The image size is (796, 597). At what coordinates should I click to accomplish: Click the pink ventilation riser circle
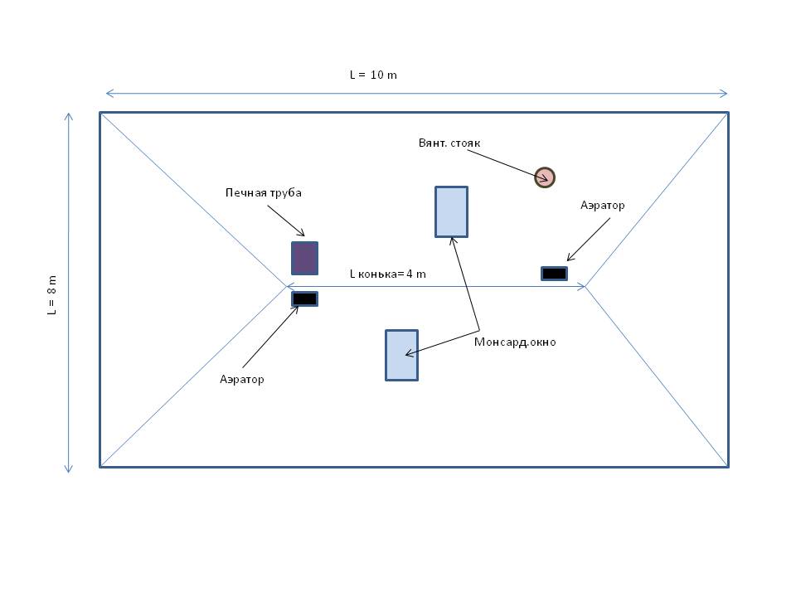[544, 177]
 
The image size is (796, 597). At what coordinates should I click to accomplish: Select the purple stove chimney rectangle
[304, 258]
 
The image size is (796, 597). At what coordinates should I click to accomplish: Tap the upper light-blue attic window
[451, 211]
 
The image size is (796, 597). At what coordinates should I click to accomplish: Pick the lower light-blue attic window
[401, 355]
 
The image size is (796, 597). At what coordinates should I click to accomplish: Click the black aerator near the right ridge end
[554, 274]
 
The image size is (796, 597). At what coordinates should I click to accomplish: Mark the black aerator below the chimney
[304, 298]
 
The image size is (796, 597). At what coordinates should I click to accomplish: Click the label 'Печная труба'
[264, 192]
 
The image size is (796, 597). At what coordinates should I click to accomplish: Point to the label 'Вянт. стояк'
[449, 143]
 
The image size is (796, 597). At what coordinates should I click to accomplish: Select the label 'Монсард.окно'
[515, 342]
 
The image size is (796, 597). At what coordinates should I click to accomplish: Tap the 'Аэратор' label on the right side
[602, 205]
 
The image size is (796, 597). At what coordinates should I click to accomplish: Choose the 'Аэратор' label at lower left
[242, 379]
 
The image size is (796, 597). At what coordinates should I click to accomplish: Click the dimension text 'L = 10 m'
[372, 75]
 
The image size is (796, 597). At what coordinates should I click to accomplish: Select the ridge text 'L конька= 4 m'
[387, 274]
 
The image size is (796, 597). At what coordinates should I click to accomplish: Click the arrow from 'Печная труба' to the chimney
[286, 220]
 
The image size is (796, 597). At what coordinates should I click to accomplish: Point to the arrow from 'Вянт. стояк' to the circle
[510, 163]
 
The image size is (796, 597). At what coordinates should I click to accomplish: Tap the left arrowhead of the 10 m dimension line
[109, 94]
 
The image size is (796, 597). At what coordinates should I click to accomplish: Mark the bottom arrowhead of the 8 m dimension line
[69, 468]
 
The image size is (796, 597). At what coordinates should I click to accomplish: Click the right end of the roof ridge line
[585, 286]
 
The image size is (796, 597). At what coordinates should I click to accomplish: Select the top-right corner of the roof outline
[728, 113]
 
